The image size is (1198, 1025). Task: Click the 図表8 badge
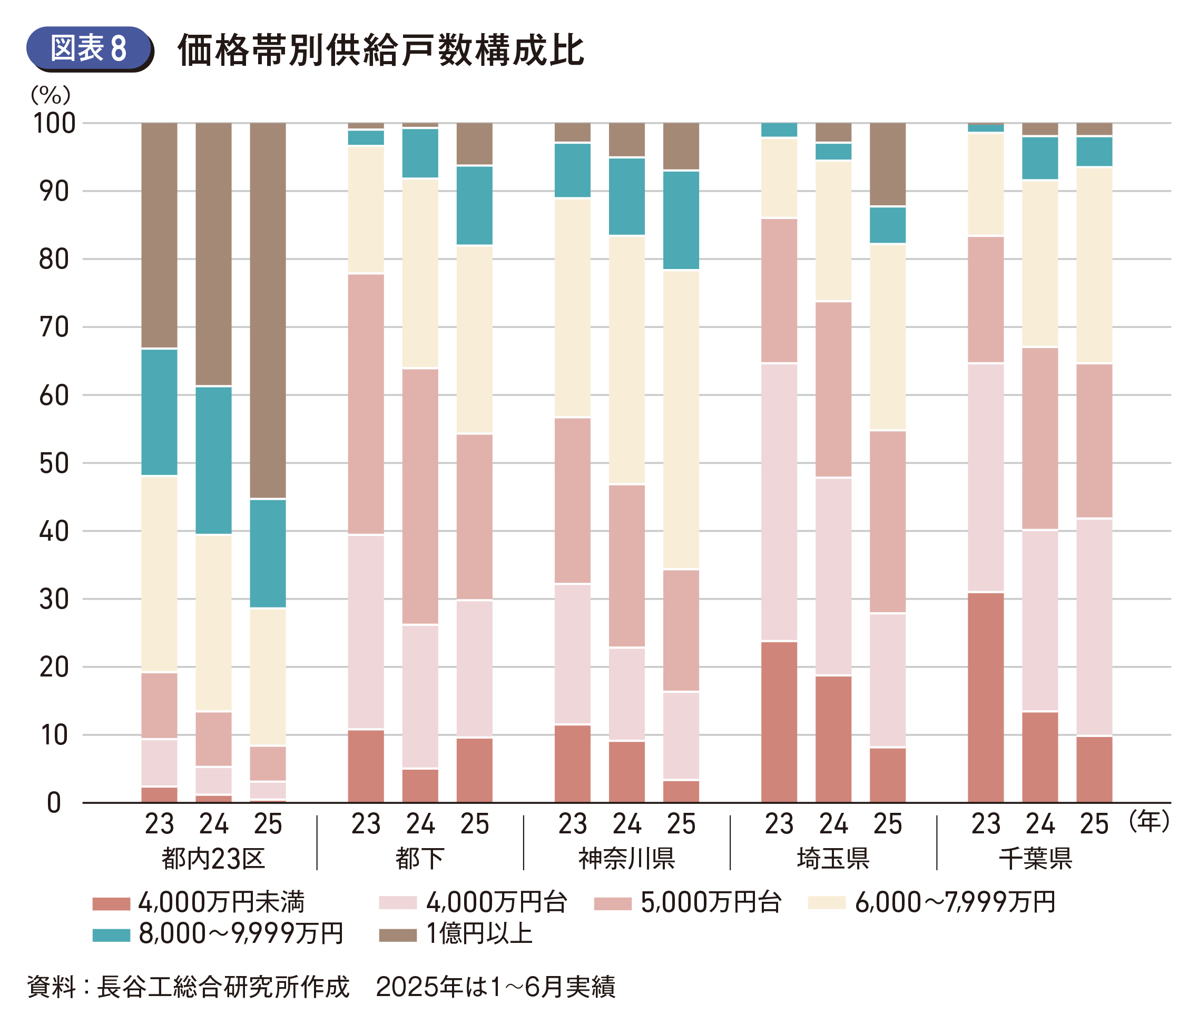[89, 48]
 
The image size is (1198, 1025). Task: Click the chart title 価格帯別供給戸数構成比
[380, 50]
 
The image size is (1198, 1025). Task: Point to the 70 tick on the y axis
[54, 327]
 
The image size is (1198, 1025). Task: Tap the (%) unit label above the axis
[51, 94]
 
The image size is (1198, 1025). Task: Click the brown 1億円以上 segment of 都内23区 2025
[268, 310]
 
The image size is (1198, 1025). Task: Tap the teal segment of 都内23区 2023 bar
[160, 412]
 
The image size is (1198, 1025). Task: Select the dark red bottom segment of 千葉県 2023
[986, 698]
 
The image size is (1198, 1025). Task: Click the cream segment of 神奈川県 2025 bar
[681, 420]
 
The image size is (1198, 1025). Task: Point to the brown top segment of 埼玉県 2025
[888, 164]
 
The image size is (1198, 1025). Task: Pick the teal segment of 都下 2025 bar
[475, 205]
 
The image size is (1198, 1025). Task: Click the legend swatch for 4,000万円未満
[111, 903]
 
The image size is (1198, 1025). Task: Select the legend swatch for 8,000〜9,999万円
[111, 934]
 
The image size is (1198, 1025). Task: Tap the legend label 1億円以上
[479, 934]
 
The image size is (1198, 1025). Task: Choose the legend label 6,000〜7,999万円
[955, 902]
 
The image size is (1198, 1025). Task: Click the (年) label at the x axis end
[1150, 821]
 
